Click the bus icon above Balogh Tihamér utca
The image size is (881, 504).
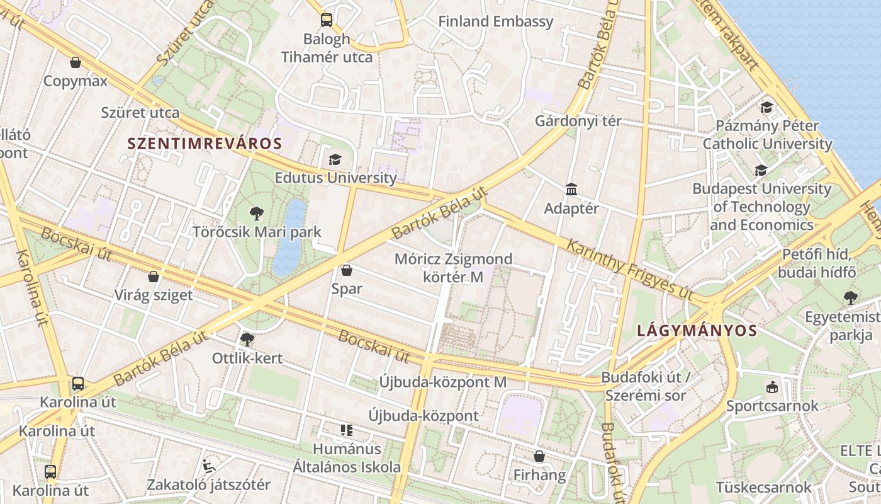tap(326, 20)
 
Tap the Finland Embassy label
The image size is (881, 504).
tap(495, 21)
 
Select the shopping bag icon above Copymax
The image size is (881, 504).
tap(76, 62)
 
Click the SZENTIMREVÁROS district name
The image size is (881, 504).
tap(205, 143)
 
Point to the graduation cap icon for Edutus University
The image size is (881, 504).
tap(335, 159)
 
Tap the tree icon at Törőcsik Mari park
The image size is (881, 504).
tap(256, 214)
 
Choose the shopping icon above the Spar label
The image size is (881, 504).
tap(346, 271)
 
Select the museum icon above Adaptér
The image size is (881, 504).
tap(571, 189)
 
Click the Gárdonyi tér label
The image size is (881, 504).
tap(578, 121)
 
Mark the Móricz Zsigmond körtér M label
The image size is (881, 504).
tap(453, 268)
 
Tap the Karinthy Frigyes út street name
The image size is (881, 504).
tap(629, 269)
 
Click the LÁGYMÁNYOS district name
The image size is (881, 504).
tap(697, 330)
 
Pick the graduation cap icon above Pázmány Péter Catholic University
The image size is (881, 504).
tap(766, 108)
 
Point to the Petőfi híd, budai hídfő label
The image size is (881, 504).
tap(817, 264)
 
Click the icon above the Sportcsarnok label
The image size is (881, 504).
tap(772, 387)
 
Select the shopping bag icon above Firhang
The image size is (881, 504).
tap(539, 456)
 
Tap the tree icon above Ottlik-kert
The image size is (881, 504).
tap(247, 340)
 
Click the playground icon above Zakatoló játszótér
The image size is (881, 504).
tap(209, 466)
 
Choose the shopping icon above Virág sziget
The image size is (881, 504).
tap(153, 277)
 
